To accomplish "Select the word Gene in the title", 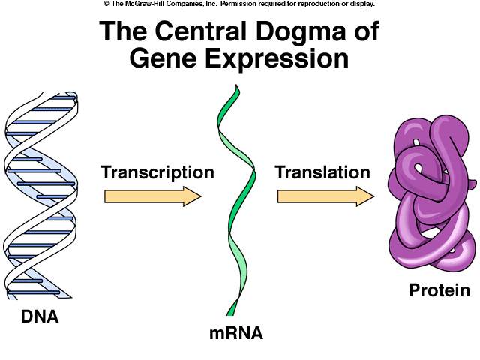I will tap(164, 58).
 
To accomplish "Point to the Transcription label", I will tap(157, 172).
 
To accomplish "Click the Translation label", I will tap(322, 172).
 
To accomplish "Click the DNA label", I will tap(39, 316).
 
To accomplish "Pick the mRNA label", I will tap(236, 332).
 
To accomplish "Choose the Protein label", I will tap(439, 290).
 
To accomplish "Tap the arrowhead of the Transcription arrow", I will tap(193, 196).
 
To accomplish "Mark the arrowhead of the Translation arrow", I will tap(365, 196).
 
